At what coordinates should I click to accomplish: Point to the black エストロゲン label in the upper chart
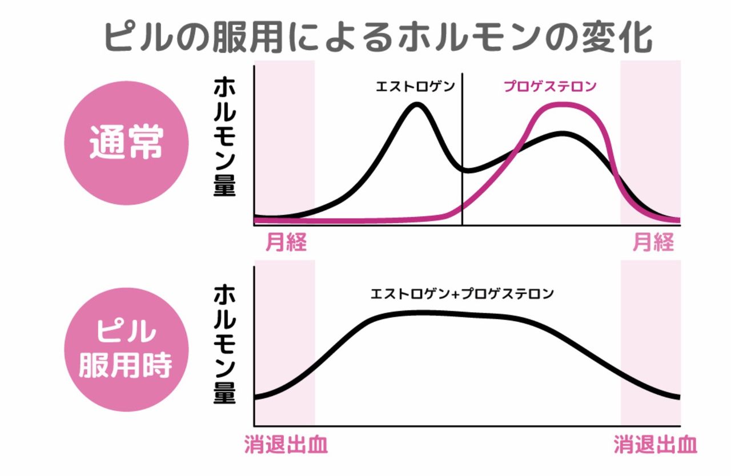click(x=415, y=87)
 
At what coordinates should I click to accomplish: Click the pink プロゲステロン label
click(x=550, y=87)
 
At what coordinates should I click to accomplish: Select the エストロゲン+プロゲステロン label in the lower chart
click(x=463, y=295)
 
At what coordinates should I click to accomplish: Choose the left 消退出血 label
click(x=286, y=445)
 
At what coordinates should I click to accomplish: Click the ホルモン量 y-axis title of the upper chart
click(x=224, y=137)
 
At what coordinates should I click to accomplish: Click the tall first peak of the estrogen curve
click(x=417, y=106)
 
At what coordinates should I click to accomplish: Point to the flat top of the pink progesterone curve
click(x=563, y=106)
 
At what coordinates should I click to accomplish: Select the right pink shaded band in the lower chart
click(x=650, y=342)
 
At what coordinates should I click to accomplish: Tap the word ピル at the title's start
click(x=132, y=38)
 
